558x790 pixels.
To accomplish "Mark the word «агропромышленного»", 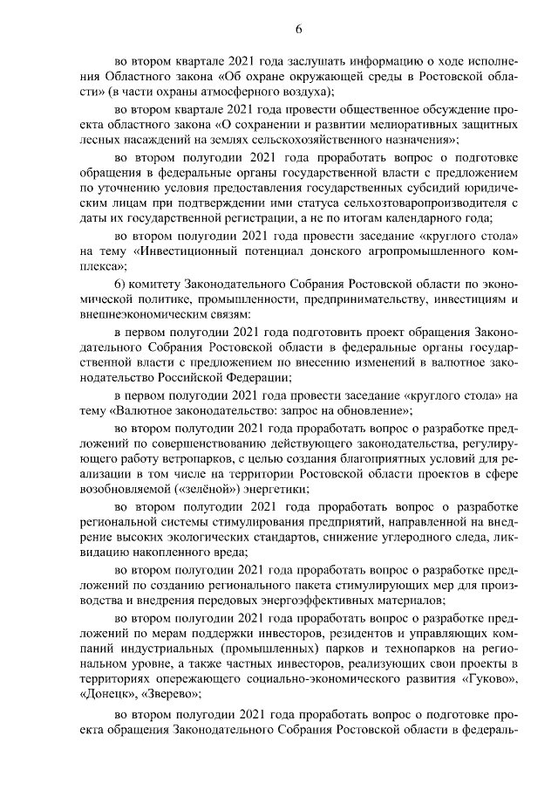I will (407, 258).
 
